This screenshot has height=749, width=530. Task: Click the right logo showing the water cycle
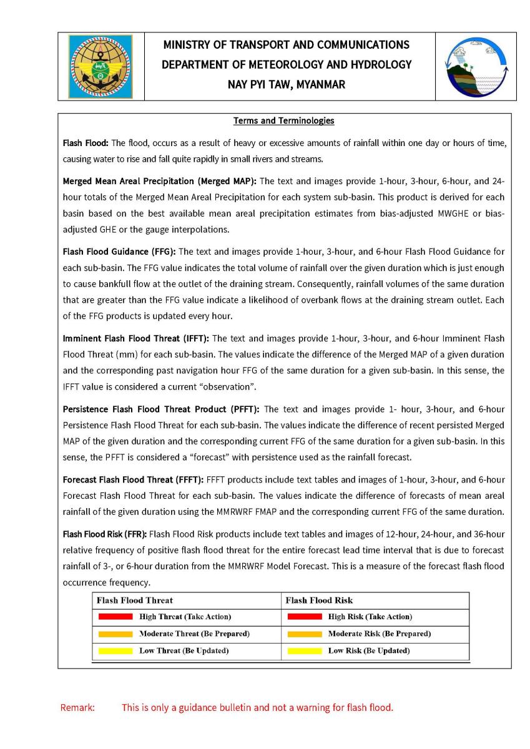[x=476, y=66]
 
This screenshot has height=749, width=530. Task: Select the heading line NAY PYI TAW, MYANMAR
[x=287, y=84]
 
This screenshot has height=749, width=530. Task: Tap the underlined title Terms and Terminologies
[x=284, y=120]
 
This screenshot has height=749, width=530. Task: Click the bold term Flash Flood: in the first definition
[x=86, y=144]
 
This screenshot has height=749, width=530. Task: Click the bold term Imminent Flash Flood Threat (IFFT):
[x=137, y=338]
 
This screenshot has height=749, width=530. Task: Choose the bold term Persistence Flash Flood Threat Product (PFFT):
[x=162, y=409]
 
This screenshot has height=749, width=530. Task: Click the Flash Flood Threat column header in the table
[x=135, y=600]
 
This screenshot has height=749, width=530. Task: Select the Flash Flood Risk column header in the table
[x=319, y=600]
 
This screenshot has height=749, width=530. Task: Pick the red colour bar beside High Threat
[x=115, y=617]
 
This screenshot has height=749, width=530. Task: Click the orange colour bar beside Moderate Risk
[x=305, y=634]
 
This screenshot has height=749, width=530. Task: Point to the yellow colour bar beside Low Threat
[x=115, y=651]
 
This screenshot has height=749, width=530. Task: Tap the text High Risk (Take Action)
[x=370, y=617]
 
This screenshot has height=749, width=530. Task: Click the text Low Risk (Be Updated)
[x=369, y=651]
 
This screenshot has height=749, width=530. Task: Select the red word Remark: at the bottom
[x=77, y=708]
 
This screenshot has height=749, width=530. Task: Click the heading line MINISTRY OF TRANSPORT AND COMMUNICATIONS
[x=287, y=45]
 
